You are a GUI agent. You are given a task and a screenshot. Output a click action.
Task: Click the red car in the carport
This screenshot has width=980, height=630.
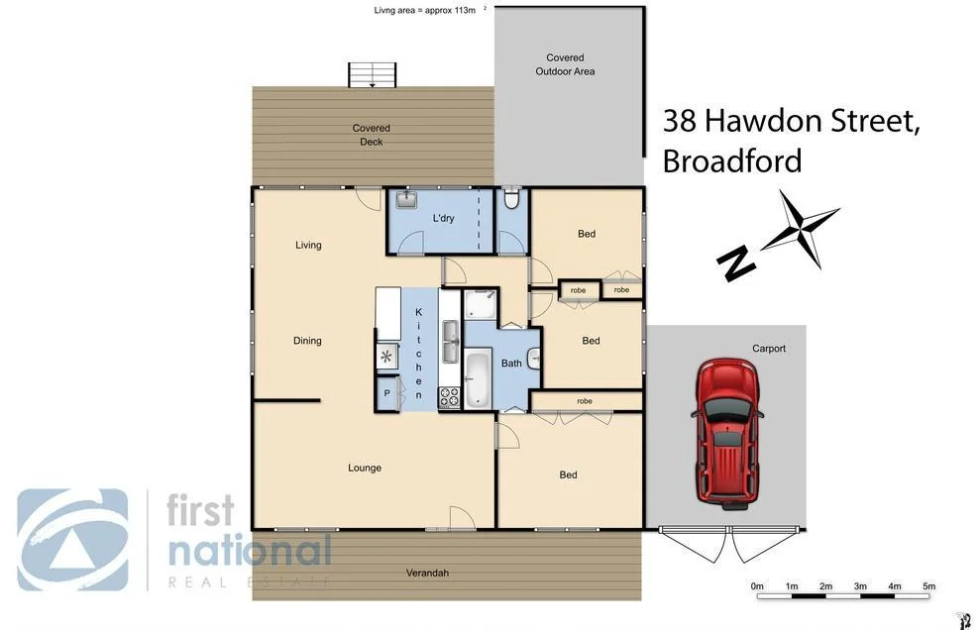coord(727,434)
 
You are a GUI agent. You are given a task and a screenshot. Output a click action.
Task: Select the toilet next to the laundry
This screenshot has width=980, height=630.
coord(511,200)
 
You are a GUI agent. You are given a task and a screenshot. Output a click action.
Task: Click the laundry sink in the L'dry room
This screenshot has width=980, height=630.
coord(407,201)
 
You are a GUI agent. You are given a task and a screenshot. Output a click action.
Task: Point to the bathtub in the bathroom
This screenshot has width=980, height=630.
coord(477,376)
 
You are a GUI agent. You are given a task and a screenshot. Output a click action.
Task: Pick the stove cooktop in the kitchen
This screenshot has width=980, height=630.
coord(450,397)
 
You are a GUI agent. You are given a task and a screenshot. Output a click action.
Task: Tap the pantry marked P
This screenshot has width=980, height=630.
coord(387,394)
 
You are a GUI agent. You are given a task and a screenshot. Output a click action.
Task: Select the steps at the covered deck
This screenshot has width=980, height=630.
coord(372,75)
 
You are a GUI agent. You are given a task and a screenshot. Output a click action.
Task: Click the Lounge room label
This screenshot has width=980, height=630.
coord(365,468)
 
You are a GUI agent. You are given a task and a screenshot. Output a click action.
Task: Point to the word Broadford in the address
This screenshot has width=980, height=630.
coord(731,160)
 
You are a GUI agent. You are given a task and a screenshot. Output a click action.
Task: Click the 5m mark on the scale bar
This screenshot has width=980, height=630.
coord(928,587)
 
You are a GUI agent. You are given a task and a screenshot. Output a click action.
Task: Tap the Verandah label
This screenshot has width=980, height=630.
coord(427,574)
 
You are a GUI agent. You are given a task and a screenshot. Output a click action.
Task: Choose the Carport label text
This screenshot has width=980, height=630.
coord(768,349)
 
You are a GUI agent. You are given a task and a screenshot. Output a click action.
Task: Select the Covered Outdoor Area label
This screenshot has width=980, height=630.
coord(565,64)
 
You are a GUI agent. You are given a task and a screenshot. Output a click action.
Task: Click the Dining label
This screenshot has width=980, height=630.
coord(307,341)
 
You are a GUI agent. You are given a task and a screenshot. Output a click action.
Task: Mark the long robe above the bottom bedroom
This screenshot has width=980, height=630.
coord(585,401)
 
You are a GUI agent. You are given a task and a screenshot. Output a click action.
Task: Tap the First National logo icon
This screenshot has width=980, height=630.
coord(72,540)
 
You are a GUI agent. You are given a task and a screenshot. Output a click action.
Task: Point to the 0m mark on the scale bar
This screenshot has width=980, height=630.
coord(758,587)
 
